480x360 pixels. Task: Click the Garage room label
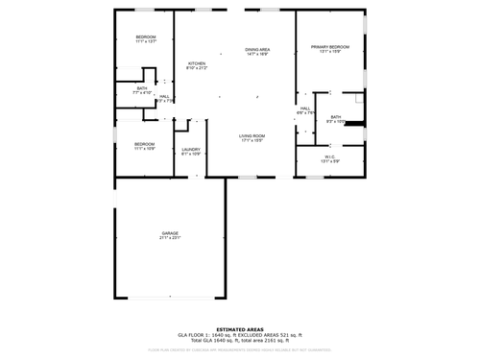pyautogui.click(x=170, y=233)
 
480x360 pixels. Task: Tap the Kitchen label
pyautogui.click(x=196, y=63)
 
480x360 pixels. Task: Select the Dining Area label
pyautogui.click(x=257, y=50)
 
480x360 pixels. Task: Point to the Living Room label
pyautogui.click(x=252, y=135)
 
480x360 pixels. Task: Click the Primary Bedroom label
pyautogui.click(x=329, y=46)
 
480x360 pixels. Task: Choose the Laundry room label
pyautogui.click(x=191, y=149)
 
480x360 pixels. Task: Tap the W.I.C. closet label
pyautogui.click(x=329, y=156)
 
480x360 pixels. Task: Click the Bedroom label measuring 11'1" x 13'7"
pyautogui.click(x=146, y=37)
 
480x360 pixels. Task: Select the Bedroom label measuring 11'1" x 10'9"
pyautogui.click(x=146, y=144)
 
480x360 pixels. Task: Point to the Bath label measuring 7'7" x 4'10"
pyautogui.click(x=142, y=88)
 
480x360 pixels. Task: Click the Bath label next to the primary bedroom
pyautogui.click(x=336, y=116)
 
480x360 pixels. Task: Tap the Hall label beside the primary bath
pyautogui.click(x=305, y=108)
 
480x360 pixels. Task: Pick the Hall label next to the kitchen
pyautogui.click(x=164, y=96)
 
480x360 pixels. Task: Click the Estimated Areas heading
pyautogui.click(x=239, y=327)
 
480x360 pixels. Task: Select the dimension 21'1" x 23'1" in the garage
pyautogui.click(x=170, y=238)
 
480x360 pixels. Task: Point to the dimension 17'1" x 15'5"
pyautogui.click(x=252, y=141)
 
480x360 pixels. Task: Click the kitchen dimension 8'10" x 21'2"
pyautogui.click(x=196, y=68)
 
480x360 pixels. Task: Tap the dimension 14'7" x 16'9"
pyautogui.click(x=257, y=55)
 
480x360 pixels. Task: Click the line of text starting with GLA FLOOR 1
pyautogui.click(x=239, y=334)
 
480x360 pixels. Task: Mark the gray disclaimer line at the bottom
pyautogui.click(x=239, y=350)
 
